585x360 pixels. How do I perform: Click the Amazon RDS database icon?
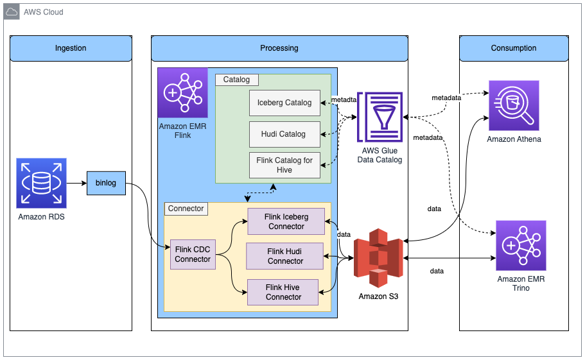(42, 184)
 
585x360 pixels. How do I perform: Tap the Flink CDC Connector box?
(193, 254)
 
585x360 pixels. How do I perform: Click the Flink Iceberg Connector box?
(286, 221)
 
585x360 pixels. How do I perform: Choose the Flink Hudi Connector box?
(285, 256)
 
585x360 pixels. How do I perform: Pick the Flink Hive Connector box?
(283, 292)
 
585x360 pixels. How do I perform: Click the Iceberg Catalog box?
(284, 103)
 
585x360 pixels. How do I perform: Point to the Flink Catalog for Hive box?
(284, 165)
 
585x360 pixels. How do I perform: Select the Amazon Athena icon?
(514, 106)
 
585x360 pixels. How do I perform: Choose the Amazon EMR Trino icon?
(520, 246)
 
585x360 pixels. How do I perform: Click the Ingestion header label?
(71, 48)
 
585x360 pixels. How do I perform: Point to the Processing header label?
(279, 48)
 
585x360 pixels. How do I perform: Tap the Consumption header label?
(514, 48)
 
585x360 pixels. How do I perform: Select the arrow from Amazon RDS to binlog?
(76, 184)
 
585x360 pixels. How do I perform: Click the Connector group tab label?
(186, 209)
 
